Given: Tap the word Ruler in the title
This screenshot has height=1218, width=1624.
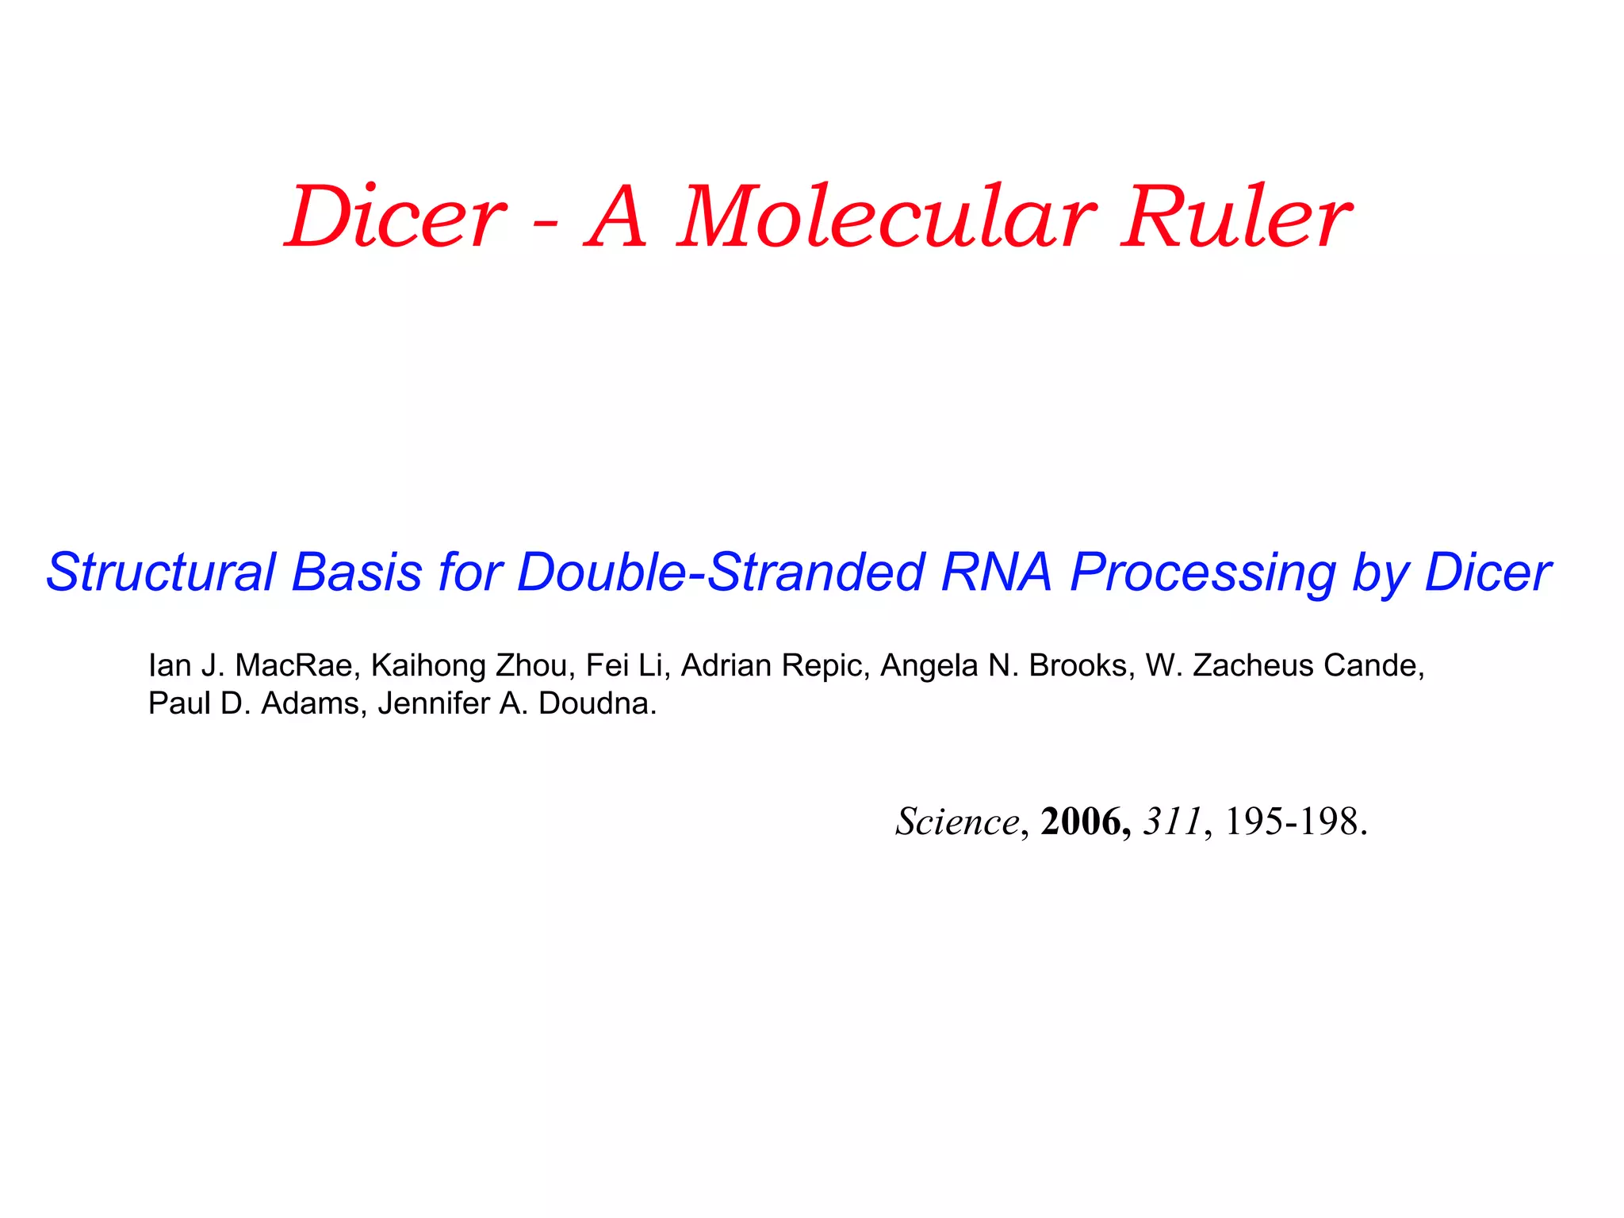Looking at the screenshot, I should coord(1235,216).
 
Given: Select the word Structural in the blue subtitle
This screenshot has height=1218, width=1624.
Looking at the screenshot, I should coord(160,572).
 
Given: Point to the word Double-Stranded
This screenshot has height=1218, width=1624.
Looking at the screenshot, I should coord(720,572).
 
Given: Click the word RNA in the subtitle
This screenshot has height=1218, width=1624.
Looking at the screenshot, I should coord(996,572).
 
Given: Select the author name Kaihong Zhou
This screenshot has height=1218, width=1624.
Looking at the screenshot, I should coord(472,665).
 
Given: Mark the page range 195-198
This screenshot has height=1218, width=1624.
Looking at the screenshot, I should coord(1294,822).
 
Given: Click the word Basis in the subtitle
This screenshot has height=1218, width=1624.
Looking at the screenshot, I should coord(357,572).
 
